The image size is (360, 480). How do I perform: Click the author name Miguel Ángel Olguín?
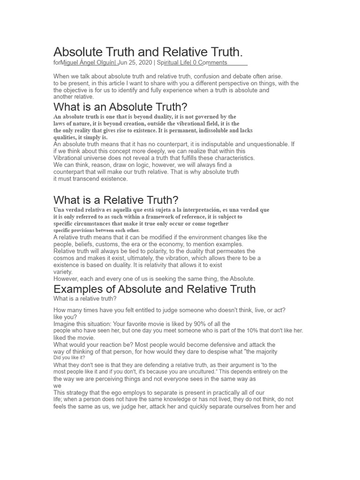(x=88, y=62)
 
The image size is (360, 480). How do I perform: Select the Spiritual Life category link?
(x=173, y=62)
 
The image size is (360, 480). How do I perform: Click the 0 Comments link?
(x=210, y=62)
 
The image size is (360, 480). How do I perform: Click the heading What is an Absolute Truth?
(x=120, y=107)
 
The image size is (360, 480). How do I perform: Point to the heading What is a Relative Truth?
(x=116, y=200)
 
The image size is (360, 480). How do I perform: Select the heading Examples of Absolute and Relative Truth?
(x=155, y=289)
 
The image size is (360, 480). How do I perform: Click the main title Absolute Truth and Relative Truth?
(x=148, y=52)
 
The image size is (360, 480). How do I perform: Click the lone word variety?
(x=63, y=272)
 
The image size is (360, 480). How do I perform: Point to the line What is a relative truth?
(x=85, y=299)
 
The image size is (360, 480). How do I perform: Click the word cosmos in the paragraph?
(x=64, y=258)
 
